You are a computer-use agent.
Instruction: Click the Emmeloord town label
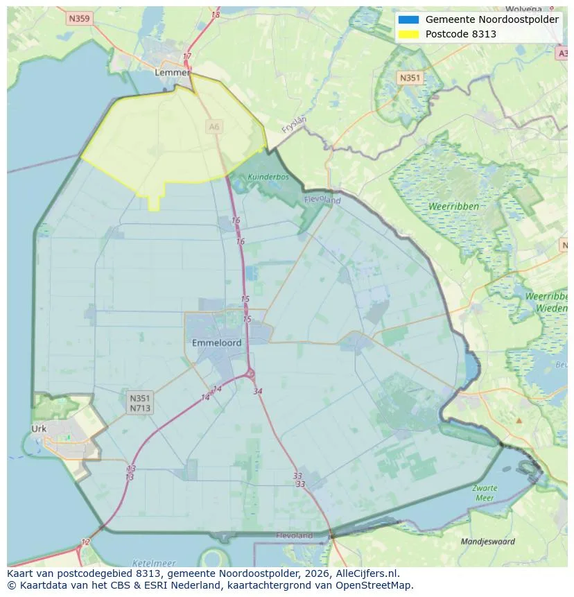click(217, 343)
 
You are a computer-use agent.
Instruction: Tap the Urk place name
click(39, 429)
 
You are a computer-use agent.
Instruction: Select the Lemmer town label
click(172, 72)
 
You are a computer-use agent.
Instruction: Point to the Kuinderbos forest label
click(268, 177)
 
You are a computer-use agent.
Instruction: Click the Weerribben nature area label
click(453, 207)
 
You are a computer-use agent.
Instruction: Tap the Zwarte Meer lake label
click(485, 493)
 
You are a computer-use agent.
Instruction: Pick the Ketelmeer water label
click(153, 563)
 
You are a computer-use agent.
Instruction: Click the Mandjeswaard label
click(488, 542)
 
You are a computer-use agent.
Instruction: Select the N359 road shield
click(79, 19)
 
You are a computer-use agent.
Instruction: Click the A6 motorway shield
click(214, 126)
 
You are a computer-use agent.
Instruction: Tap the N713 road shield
click(139, 408)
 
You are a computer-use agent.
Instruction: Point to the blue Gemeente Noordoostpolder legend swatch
click(408, 19)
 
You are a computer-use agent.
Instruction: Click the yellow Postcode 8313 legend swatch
click(408, 34)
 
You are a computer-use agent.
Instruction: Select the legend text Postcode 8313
click(460, 34)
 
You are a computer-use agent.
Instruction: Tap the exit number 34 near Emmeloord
click(258, 392)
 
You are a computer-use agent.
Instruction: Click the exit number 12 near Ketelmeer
click(85, 542)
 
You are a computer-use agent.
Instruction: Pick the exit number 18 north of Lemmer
click(216, 15)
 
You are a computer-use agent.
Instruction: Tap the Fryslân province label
click(294, 124)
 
